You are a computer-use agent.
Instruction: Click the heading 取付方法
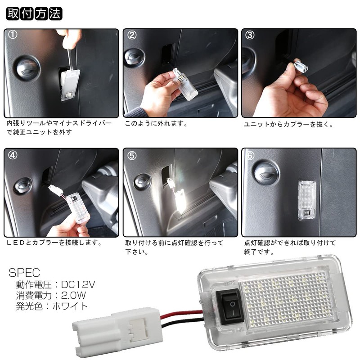click(x=34, y=13)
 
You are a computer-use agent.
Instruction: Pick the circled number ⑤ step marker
click(x=132, y=156)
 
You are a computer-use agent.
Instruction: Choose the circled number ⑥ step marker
click(x=251, y=156)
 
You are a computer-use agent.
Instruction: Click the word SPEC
click(x=25, y=273)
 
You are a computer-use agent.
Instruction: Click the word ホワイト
click(x=70, y=306)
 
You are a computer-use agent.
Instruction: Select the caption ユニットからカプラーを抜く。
click(x=288, y=124)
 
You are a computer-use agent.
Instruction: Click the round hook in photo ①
click(x=27, y=67)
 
